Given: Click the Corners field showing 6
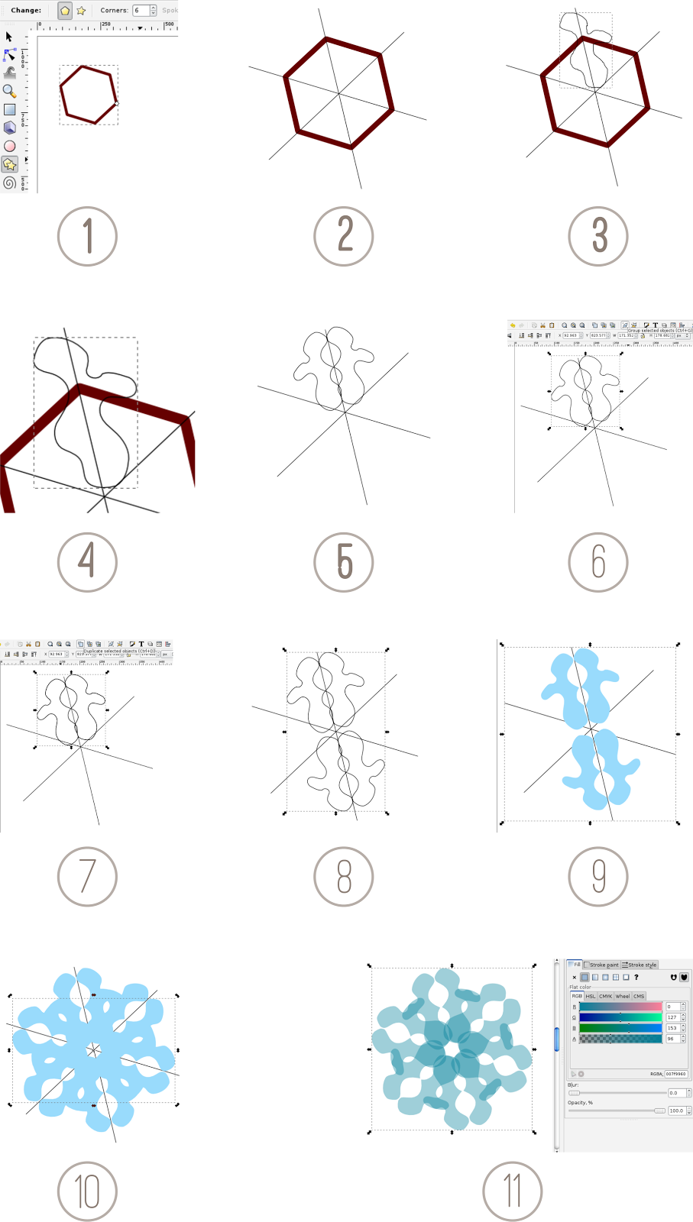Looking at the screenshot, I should [x=141, y=10].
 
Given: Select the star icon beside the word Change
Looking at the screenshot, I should [x=81, y=11].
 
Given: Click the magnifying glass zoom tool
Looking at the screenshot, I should [x=9, y=91].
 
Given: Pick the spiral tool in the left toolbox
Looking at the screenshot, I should [x=9, y=183].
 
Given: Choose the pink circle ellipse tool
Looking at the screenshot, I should [x=9, y=146].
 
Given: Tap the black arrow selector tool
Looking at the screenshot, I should [x=9, y=37].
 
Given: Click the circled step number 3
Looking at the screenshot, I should [x=598, y=236].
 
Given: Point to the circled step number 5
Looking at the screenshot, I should [x=344, y=562].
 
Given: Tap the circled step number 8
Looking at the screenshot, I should [x=344, y=877].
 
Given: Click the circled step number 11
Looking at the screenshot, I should [x=513, y=1191].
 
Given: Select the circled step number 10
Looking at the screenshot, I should [x=87, y=1191].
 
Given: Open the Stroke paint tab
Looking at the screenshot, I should [x=602, y=965].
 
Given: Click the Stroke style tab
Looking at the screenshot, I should [x=640, y=965].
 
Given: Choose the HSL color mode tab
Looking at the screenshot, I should [x=591, y=996].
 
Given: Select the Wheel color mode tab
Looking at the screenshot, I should [x=623, y=996].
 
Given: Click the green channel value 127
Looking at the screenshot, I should [x=672, y=1017].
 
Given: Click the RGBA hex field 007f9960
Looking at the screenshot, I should [x=675, y=1074].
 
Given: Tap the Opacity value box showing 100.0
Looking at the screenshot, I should [x=676, y=1110].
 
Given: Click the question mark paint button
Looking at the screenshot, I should [x=636, y=977].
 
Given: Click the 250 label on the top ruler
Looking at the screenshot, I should [x=106, y=24].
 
